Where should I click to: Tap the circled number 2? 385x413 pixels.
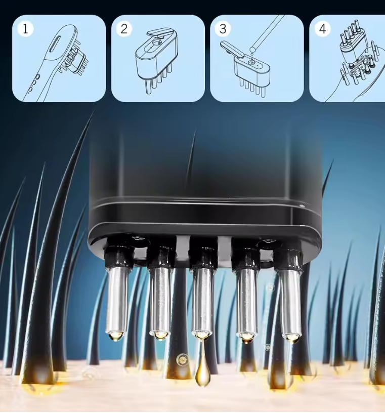click(123, 28)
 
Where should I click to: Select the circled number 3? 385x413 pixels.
click(223, 28)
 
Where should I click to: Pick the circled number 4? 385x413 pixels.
click(322, 28)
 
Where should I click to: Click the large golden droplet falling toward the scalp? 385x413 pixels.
click(202, 372)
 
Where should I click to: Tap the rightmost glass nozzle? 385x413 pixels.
click(291, 301)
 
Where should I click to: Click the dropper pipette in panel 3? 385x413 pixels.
click(265, 33)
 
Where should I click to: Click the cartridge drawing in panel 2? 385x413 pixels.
click(156, 58)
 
